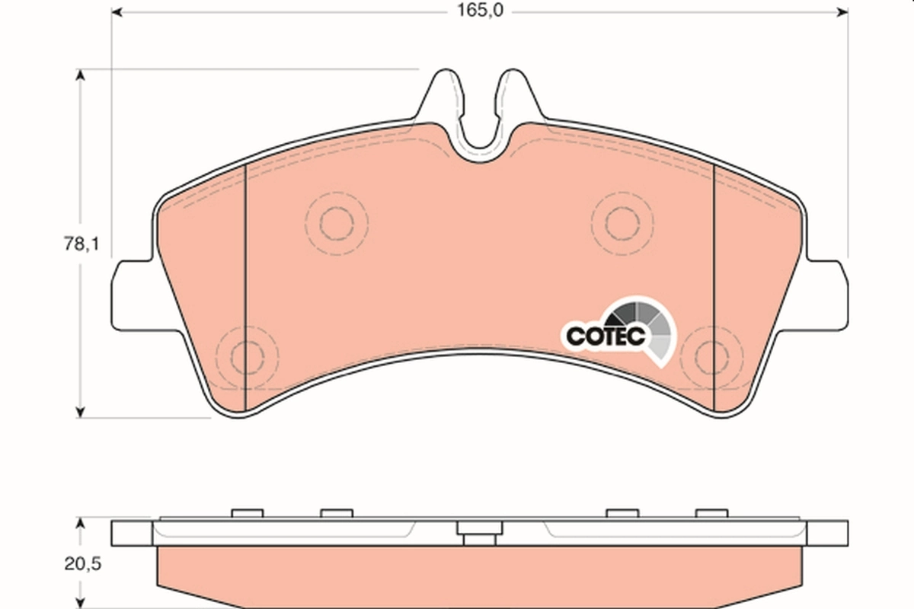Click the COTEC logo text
pos(605,334)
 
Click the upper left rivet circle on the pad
pos(336,222)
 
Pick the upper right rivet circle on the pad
pos(623,221)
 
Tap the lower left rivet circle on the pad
pos(246,356)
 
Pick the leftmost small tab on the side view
pos(246,513)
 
